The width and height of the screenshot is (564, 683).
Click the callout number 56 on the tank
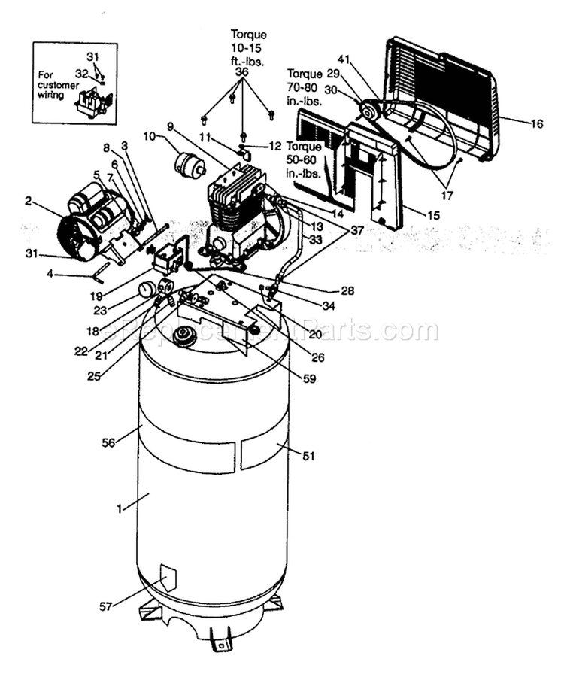[108, 443]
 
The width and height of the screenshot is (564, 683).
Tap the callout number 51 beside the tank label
[308, 455]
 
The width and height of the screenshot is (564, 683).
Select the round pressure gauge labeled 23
[147, 289]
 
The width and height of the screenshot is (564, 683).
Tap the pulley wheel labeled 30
[369, 112]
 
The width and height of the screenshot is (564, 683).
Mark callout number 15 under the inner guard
[432, 215]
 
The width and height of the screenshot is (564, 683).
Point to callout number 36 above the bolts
[241, 71]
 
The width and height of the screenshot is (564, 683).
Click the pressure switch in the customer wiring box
[93, 101]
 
